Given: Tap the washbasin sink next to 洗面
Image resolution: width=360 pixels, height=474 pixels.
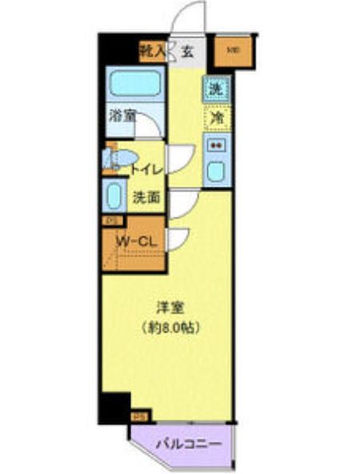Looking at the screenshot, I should (x=113, y=195).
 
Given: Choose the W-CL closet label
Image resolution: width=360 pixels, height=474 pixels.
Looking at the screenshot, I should (x=132, y=241).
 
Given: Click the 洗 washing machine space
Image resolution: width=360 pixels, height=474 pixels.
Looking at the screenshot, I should (x=214, y=88).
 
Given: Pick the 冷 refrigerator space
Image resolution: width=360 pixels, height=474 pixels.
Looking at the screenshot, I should (x=215, y=117).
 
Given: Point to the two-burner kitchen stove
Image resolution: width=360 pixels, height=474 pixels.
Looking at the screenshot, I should (x=215, y=146).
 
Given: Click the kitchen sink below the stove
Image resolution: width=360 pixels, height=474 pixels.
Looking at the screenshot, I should (x=215, y=171).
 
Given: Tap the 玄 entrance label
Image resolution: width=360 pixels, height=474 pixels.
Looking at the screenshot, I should (x=186, y=53).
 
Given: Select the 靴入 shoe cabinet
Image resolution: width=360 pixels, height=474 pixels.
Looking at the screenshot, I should (x=153, y=53).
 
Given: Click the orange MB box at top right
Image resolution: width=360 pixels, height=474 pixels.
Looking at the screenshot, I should (x=233, y=52).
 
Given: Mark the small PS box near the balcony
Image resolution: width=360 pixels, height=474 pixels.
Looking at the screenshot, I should (x=138, y=416).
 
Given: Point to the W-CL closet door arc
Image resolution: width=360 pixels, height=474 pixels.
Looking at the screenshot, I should (x=177, y=238).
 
